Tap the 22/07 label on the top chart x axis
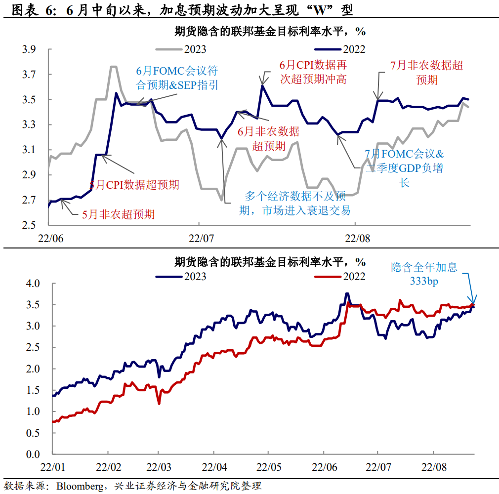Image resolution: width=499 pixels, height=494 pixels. point(201,238)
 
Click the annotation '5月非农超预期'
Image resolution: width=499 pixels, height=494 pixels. point(118,214)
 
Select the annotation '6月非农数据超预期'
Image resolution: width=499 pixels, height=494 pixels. point(268,138)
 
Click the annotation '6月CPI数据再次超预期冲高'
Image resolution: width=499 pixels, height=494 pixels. point(313,72)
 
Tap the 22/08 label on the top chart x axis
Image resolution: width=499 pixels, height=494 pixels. point(356,238)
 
